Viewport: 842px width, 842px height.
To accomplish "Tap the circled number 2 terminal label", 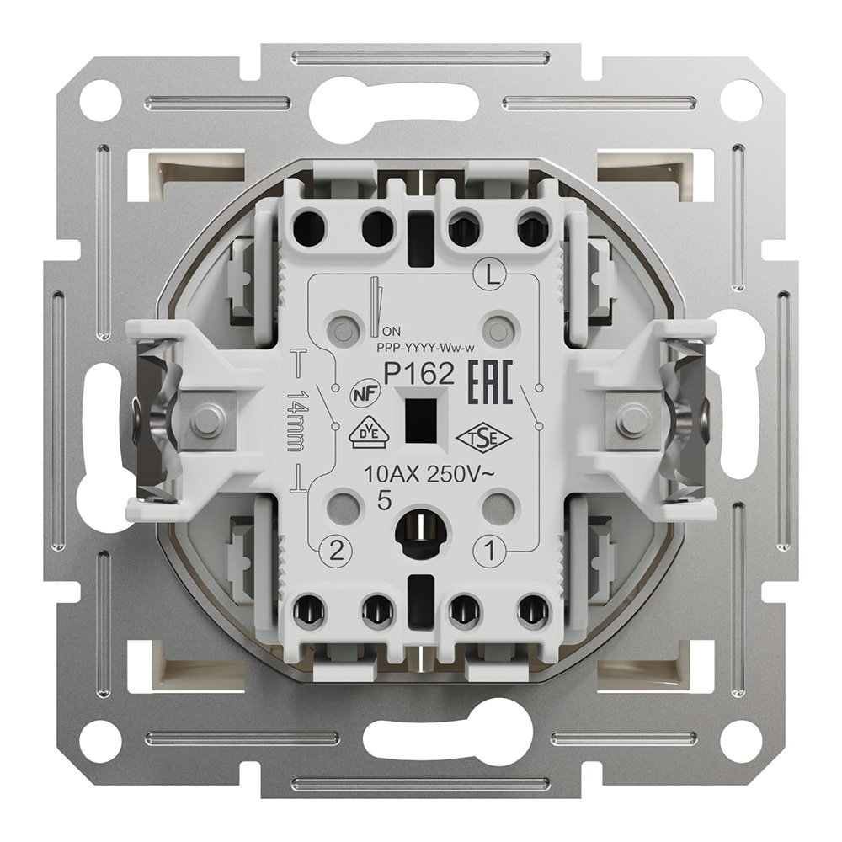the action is click(336, 551).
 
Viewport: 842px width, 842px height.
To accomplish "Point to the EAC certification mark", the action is click(492, 381).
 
